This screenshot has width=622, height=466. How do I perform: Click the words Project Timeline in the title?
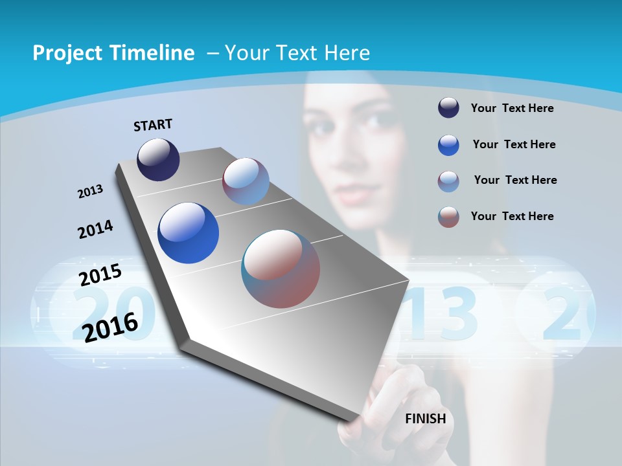pyautogui.click(x=113, y=53)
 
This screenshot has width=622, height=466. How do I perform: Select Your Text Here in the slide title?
pyautogui.click(x=297, y=53)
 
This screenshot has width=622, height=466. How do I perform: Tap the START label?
pyautogui.click(x=153, y=125)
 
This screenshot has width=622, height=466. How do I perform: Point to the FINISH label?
pyautogui.click(x=426, y=419)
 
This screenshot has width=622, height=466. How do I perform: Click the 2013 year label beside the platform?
pyautogui.click(x=91, y=192)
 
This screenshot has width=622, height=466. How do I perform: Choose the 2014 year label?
pyautogui.click(x=96, y=229)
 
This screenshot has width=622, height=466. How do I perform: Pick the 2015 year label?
pyautogui.click(x=100, y=274)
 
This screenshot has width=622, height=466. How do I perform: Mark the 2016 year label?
pyautogui.click(x=110, y=327)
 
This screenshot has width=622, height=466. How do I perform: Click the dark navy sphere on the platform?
pyautogui.click(x=158, y=160)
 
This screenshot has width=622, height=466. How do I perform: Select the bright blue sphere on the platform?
pyautogui.click(x=189, y=233)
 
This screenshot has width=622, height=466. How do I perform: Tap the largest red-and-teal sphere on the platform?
pyautogui.click(x=281, y=269)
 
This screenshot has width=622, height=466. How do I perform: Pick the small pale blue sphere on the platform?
pyautogui.click(x=246, y=181)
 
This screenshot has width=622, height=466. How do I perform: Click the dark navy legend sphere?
pyautogui.click(x=448, y=108)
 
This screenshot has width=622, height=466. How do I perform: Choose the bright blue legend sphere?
pyautogui.click(x=448, y=145)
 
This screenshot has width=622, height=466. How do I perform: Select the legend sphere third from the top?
pyautogui.click(x=448, y=181)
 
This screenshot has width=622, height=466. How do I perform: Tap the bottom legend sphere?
pyautogui.click(x=448, y=217)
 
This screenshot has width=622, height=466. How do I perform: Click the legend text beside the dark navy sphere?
pyautogui.click(x=512, y=108)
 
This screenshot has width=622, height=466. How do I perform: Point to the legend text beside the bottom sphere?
pyautogui.click(x=512, y=216)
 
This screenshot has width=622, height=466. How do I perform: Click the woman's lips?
pyautogui.click(x=351, y=193)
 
